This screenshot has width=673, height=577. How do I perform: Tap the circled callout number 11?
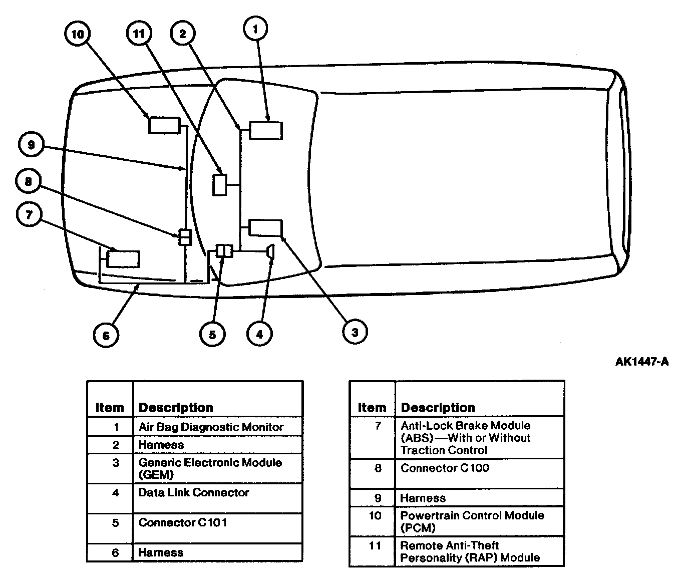[139, 34]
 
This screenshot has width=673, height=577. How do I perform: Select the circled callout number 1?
[255, 29]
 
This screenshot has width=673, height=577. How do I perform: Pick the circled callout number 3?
[355, 332]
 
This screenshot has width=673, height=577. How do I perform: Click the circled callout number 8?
[28, 181]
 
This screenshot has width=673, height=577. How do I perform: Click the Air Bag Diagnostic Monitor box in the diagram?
[266, 130]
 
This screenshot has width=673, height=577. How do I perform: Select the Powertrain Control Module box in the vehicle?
[164, 125]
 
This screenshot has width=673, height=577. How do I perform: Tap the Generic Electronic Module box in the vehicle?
[265, 227]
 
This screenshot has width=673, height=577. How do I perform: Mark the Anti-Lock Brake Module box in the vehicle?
[123, 258]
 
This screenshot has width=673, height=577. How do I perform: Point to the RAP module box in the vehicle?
[220, 185]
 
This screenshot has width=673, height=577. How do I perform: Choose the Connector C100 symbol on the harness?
[185, 237]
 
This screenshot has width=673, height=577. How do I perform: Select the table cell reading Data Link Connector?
[194, 493]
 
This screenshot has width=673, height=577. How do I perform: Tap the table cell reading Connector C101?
[183, 523]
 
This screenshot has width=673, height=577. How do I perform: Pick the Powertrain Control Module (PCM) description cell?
[472, 521]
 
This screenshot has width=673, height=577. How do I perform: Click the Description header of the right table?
[438, 408]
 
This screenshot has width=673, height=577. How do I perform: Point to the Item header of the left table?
[110, 408]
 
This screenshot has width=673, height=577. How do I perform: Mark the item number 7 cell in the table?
[378, 426]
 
